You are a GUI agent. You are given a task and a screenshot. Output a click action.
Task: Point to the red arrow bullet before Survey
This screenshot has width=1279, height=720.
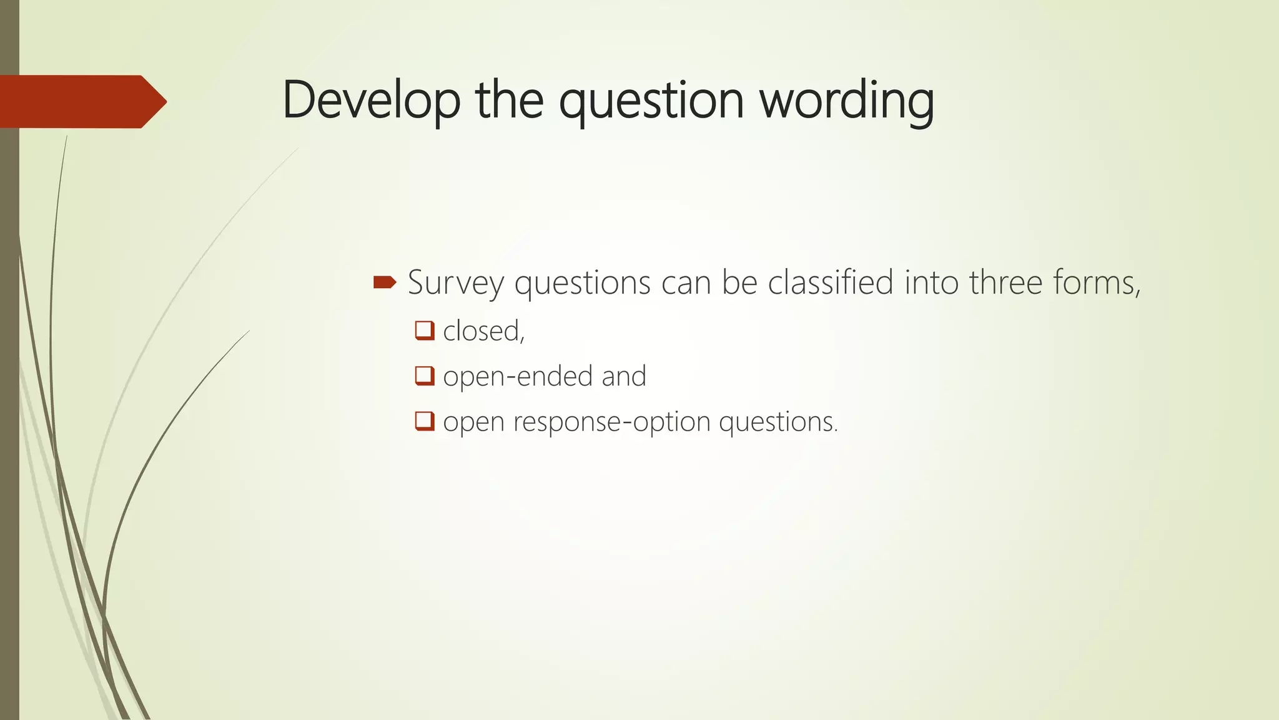tap(385, 282)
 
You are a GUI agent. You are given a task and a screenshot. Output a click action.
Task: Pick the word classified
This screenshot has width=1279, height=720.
tap(830, 282)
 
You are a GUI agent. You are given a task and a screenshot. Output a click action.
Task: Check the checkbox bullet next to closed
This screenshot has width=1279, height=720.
tap(425, 330)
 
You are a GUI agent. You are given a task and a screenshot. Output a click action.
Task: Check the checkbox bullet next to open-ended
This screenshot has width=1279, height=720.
tap(425, 376)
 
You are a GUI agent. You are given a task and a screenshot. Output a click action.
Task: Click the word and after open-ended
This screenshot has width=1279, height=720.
tap(623, 376)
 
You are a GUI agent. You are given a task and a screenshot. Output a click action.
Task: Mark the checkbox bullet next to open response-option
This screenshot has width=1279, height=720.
tap(425, 421)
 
